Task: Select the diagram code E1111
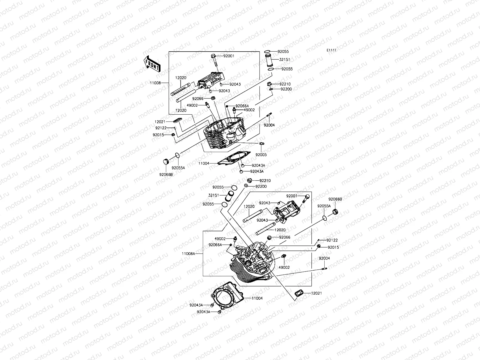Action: point(331,50)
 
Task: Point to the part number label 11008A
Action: point(188,253)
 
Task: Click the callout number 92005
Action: point(261,155)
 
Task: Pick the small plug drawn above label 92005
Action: point(262,144)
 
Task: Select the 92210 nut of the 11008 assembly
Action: point(270,84)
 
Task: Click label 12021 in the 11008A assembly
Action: point(316,293)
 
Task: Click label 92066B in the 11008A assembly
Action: point(335,199)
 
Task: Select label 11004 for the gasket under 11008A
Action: point(257,298)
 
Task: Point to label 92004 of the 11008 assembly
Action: point(269,125)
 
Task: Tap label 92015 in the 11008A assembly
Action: point(333,247)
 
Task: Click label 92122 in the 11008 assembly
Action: point(161,128)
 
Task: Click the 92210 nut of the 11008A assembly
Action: point(249,181)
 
